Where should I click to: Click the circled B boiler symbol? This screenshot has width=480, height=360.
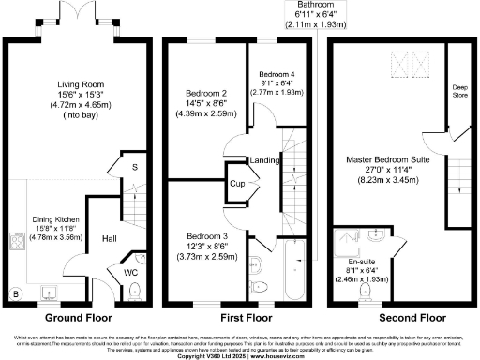(x=14, y=292)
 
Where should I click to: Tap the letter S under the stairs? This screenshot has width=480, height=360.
(x=135, y=168)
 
